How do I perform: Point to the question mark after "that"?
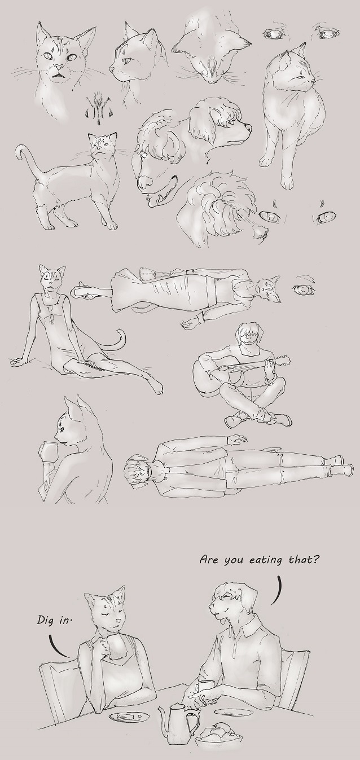click(x=315, y=558)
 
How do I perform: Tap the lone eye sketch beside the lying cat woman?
click(x=304, y=289)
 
